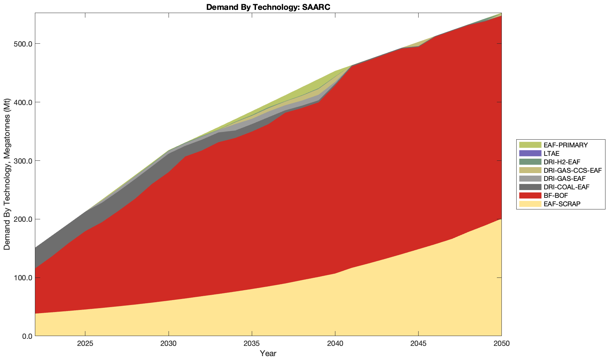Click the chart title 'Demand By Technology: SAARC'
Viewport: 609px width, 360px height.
[268, 7]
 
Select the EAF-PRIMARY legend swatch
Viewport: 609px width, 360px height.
[530, 145]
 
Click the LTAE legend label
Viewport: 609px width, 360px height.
[551, 153]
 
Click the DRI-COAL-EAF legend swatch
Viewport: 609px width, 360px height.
[530, 187]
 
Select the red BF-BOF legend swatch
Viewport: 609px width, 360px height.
[530, 196]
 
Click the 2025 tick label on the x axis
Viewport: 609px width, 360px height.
[85, 344]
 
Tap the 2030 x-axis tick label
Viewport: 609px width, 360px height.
[169, 344]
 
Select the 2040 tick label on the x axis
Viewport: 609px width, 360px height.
[335, 344]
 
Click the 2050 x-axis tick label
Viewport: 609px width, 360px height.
[501, 344]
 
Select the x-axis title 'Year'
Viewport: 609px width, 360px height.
[268, 353]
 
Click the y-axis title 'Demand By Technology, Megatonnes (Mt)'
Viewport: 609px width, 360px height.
[7, 175]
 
